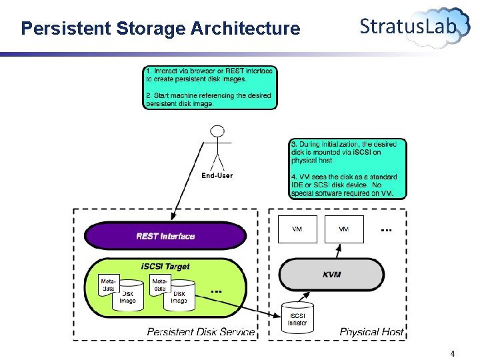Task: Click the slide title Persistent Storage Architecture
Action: [160, 29]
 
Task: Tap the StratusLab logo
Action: [414, 27]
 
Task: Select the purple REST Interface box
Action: [165, 236]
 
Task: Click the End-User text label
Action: [217, 176]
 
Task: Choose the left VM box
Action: [297, 229]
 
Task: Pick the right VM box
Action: [344, 229]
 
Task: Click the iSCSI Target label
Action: [165, 266]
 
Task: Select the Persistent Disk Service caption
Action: [201, 331]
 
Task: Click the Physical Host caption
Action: [371, 331]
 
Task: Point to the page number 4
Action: [453, 354]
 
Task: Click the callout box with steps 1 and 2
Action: [209, 87]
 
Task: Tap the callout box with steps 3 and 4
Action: [347, 168]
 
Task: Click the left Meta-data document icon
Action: [108, 285]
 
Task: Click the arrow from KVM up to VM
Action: [338, 251]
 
